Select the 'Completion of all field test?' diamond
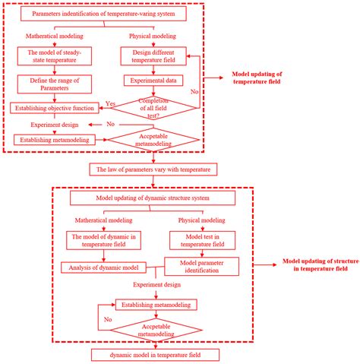(154, 109)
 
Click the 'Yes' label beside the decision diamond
(111, 103)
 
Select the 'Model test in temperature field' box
(196, 241)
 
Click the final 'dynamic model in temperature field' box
(155, 355)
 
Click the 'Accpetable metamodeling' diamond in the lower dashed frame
(156, 329)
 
